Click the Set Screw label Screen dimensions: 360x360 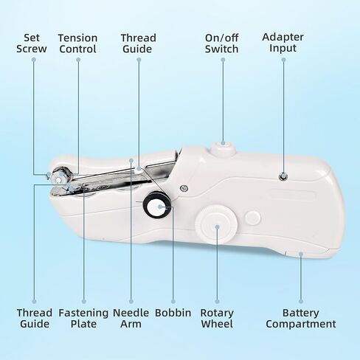(32, 44)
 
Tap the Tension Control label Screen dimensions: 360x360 (77, 44)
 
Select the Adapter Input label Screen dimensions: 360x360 (283, 42)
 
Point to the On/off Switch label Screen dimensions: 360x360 (222, 44)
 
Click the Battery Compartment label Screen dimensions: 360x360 (301, 318)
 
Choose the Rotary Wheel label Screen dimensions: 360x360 (217, 318)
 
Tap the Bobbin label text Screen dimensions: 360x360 (173, 313)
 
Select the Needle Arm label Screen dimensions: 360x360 (131, 318)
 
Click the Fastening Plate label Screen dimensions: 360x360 (83, 318)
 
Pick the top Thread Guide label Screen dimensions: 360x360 (139, 44)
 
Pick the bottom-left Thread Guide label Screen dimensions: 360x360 (35, 318)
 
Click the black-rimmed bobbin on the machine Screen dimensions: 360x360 (157, 205)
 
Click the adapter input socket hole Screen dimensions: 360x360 (283, 176)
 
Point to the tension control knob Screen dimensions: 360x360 (61, 176)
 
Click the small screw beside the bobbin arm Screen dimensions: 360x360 (184, 188)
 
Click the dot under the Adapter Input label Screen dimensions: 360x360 (283, 60)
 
